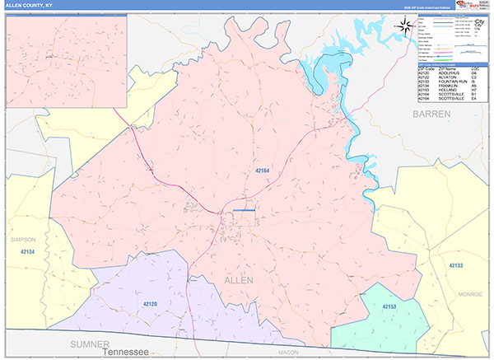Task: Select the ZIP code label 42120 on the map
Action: (150, 304)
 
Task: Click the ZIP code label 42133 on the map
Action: (457, 265)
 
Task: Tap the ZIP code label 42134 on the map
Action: (27, 251)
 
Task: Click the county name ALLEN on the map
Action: (239, 281)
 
